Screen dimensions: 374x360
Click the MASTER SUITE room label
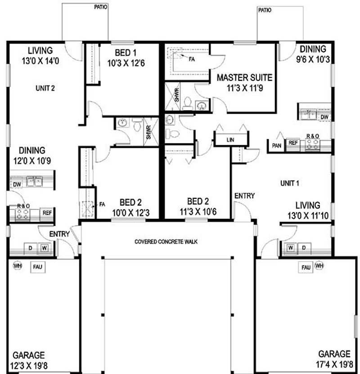244,82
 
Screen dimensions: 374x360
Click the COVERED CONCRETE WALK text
166,241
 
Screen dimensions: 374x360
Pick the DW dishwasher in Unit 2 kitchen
17,184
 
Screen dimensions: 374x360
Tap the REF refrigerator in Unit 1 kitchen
293,143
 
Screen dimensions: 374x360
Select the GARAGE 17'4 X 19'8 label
334,358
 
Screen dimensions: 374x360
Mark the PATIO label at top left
100,7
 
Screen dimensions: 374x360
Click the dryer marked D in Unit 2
31,248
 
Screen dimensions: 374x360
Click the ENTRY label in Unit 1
245,196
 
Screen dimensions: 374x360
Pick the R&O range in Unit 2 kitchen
23,212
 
